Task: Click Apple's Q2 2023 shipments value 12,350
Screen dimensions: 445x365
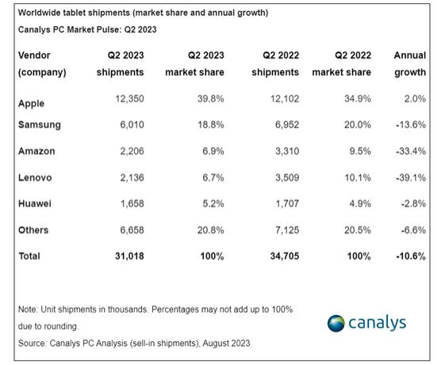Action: (129, 98)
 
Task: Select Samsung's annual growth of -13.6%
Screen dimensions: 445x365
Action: (411, 125)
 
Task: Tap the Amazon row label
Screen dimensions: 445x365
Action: (36, 151)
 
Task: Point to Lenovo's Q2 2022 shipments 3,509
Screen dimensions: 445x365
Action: (287, 178)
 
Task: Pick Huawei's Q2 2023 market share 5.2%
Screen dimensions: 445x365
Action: (213, 203)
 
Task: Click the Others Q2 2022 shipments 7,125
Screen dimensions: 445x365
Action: (287, 230)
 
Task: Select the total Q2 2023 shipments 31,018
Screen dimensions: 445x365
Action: (129, 256)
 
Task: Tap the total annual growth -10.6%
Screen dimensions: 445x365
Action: (411, 256)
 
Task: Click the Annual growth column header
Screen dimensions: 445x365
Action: (410, 63)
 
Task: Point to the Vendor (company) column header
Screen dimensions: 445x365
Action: (42, 63)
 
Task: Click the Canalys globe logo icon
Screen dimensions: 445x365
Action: (336, 323)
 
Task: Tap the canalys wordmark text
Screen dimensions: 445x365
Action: (377, 323)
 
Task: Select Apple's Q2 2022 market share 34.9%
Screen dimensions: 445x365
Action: (358, 98)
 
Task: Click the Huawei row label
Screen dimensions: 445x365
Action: (35, 203)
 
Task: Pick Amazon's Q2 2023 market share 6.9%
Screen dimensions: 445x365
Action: (213, 151)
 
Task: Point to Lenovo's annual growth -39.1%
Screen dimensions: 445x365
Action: (411, 178)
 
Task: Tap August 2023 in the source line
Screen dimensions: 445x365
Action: (227, 343)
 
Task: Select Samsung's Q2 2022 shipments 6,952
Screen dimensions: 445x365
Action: (287, 125)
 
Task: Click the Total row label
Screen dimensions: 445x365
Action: (29, 256)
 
